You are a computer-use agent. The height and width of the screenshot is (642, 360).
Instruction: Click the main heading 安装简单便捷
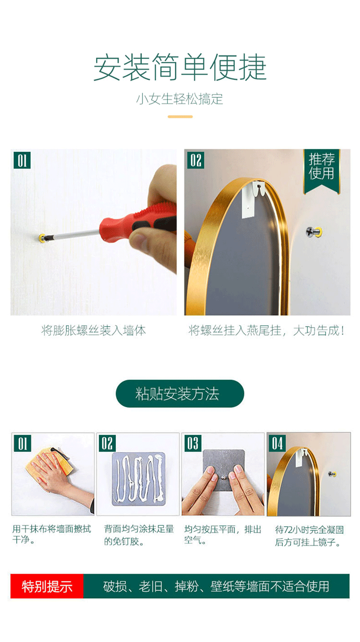pos(180,67)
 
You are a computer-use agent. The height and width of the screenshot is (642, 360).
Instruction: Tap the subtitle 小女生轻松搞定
pos(180,99)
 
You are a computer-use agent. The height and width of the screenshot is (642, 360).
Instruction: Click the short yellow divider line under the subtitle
pos(180,117)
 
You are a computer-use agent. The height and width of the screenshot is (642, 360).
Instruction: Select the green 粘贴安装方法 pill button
pos(180,393)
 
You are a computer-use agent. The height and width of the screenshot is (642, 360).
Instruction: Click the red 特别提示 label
pos(47,586)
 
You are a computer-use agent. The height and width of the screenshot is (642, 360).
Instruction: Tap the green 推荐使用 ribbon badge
pos(322,171)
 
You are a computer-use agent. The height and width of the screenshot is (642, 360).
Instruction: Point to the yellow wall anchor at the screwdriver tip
pos(42,238)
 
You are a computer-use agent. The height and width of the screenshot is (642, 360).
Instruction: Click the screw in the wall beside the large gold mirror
pos(314,232)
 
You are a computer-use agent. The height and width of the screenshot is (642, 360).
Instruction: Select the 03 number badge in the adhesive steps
pos(193,443)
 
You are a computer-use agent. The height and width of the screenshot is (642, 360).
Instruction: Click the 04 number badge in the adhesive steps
pos(277,443)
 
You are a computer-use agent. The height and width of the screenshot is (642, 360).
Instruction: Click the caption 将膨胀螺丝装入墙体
pos(94,331)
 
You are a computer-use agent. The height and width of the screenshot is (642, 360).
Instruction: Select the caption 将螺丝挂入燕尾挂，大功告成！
pos(266,331)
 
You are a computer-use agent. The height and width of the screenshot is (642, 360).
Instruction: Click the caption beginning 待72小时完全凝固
pos(309,535)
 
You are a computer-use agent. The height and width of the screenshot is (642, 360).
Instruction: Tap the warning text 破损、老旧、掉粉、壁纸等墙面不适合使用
pos(216,586)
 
